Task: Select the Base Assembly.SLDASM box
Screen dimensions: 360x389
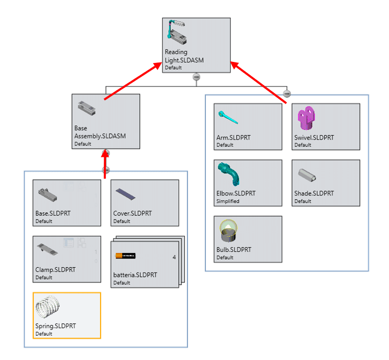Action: [x=106, y=122]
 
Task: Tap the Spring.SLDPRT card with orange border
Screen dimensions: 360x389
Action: [x=67, y=315]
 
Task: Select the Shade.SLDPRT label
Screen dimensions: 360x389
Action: [x=314, y=194]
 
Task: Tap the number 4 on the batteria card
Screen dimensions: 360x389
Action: [x=174, y=257]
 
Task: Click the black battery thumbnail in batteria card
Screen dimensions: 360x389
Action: [x=126, y=255]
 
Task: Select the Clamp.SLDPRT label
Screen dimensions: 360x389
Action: [x=55, y=269]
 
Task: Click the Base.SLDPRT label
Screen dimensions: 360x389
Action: [x=53, y=213]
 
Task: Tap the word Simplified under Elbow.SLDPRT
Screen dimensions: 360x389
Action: [x=228, y=201]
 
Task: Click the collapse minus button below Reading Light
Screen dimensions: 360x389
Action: [x=197, y=77]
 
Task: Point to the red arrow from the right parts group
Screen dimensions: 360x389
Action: [x=259, y=81]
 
